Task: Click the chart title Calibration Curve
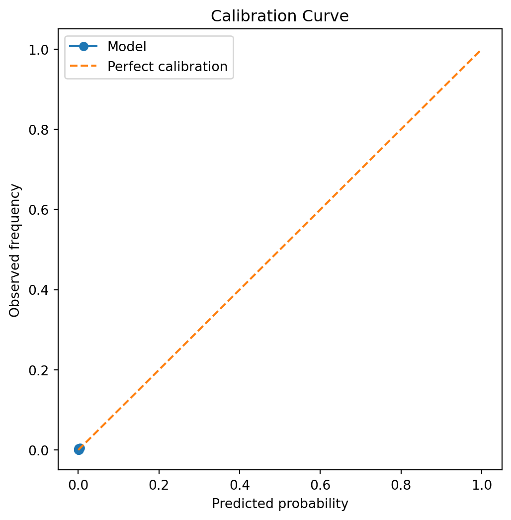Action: (x=280, y=16)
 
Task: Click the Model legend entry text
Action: (x=127, y=47)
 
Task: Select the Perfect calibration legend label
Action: (x=168, y=67)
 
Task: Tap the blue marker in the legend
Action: (x=84, y=47)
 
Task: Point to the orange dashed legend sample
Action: (x=84, y=67)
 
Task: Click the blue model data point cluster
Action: (x=79, y=449)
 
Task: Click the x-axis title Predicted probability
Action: (x=280, y=504)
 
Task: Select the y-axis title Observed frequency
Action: (x=15, y=250)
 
